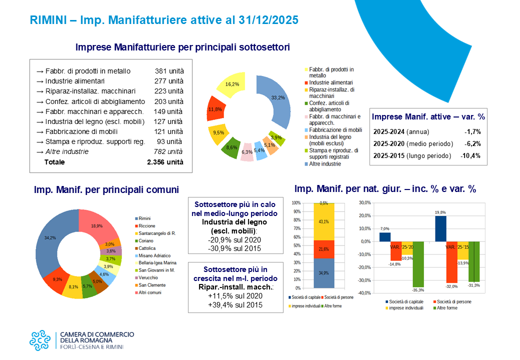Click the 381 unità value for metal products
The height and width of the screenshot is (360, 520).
[x=169, y=71]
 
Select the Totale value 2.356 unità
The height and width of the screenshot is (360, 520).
[x=165, y=162]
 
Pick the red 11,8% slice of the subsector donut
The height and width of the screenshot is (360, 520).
[x=215, y=108]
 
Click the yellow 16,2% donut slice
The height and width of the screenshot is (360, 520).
[x=231, y=85]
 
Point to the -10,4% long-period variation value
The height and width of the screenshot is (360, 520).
[x=470, y=156]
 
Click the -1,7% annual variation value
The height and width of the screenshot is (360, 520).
[x=472, y=132]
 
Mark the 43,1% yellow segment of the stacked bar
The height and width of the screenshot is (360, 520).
[x=323, y=222]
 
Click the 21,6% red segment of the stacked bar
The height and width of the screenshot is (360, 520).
[x=323, y=249]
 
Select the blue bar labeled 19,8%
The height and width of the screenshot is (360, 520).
[x=440, y=228]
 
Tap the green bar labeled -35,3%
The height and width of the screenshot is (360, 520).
[x=418, y=264]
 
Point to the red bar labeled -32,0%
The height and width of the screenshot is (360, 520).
[x=451, y=262]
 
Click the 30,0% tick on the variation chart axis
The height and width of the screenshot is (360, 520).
[x=365, y=203]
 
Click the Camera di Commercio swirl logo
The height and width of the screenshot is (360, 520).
[x=40, y=340]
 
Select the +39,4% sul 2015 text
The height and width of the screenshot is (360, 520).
[x=235, y=305]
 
